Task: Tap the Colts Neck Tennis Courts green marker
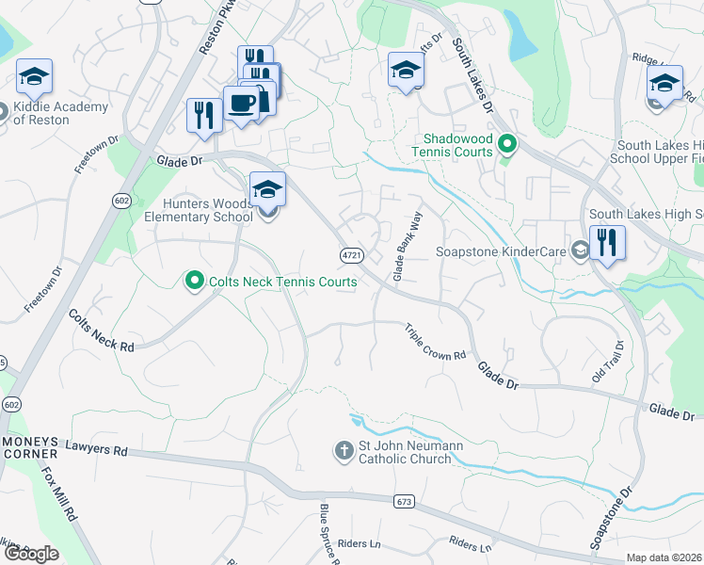coord(195,281)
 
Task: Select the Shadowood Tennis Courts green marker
coord(506,144)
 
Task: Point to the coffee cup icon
coord(241,104)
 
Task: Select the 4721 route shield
coord(351,255)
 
